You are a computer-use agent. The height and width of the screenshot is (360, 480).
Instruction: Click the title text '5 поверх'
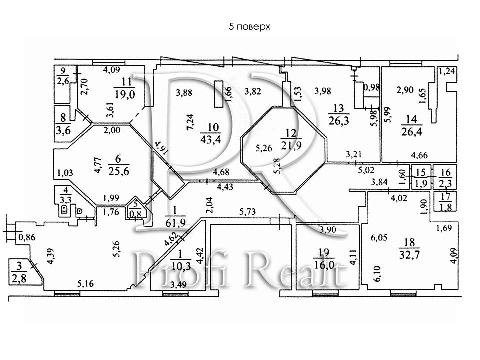tap(249, 26)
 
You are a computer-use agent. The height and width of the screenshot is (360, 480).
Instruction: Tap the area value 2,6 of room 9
tap(63, 82)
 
